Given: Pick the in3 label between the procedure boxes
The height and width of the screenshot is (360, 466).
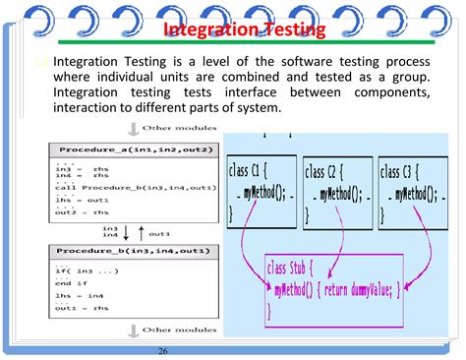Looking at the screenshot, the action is click(110, 227).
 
